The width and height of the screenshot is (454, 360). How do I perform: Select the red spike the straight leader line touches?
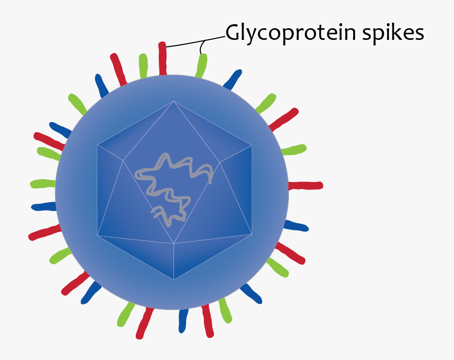[x=162, y=58]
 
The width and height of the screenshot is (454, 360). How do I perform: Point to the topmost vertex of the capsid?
[x=174, y=101]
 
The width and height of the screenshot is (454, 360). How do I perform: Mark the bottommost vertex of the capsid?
[x=174, y=279]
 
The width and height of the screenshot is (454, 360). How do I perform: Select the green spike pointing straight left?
[x=42, y=184]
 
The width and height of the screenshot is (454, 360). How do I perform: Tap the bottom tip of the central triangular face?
[x=174, y=244]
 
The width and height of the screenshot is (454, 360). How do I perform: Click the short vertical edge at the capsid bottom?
[x=174, y=262]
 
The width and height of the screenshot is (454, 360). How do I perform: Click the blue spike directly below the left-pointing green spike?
[x=43, y=206]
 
